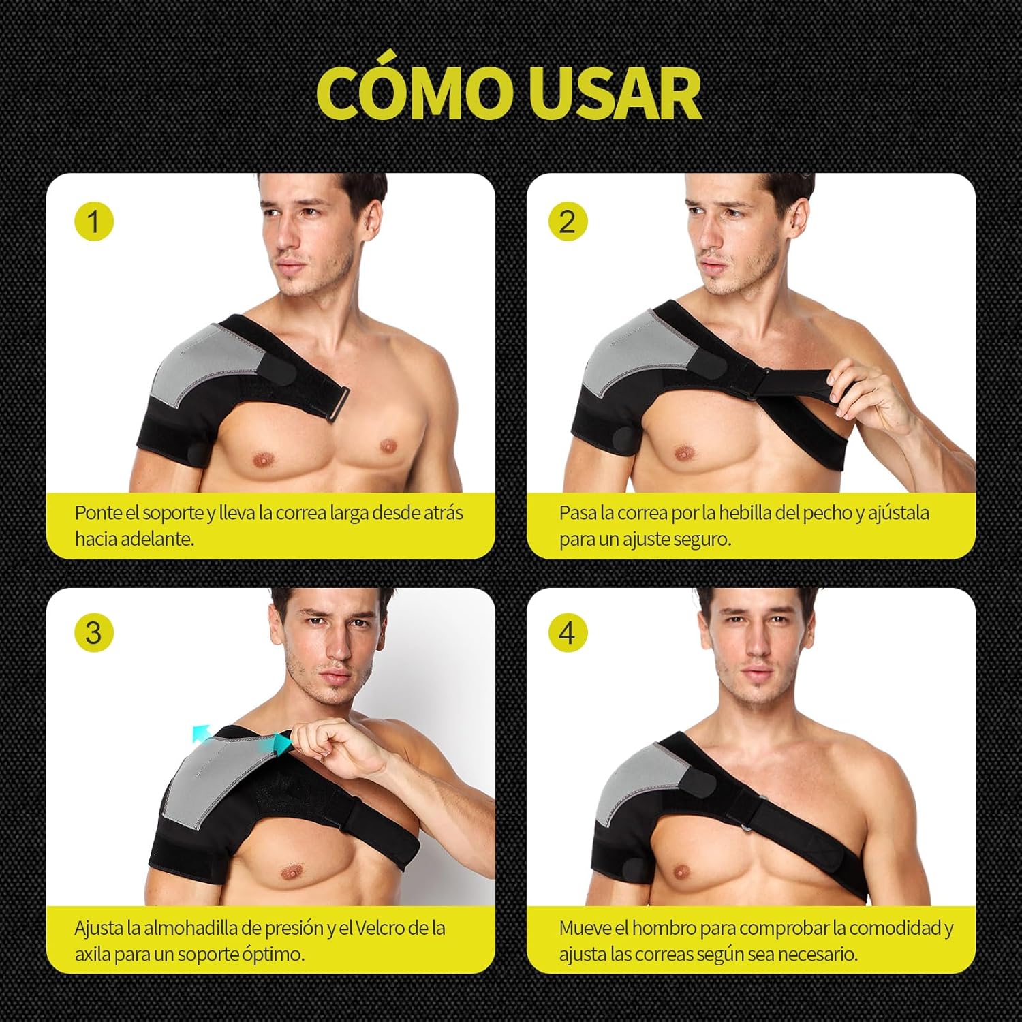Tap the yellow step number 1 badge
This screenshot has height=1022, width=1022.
(93, 221)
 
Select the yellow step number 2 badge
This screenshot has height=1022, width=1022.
(568, 221)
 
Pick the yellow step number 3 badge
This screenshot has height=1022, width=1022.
(93, 633)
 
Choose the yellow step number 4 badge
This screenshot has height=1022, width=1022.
(568, 633)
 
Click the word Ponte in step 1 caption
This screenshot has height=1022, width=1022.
(95, 513)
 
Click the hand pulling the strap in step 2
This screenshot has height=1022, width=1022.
(867, 395)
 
